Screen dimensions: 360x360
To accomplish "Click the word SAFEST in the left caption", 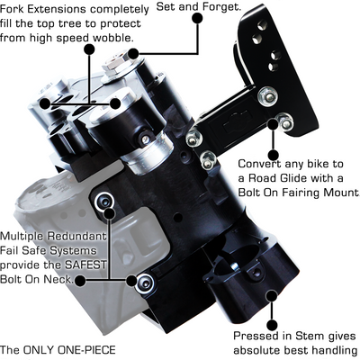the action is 86,265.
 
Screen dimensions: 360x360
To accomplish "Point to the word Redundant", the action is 77,236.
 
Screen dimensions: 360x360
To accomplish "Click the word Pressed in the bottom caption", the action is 254,336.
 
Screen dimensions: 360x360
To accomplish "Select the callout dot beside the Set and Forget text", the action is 197,19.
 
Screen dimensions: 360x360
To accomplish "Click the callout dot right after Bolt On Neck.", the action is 80,281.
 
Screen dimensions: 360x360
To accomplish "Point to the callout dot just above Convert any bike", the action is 273,155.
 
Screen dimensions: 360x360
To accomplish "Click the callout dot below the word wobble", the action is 89,49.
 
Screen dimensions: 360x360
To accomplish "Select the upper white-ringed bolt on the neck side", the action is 104,202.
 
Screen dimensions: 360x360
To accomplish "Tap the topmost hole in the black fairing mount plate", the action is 261,25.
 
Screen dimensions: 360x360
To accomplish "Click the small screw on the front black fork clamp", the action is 146,138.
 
